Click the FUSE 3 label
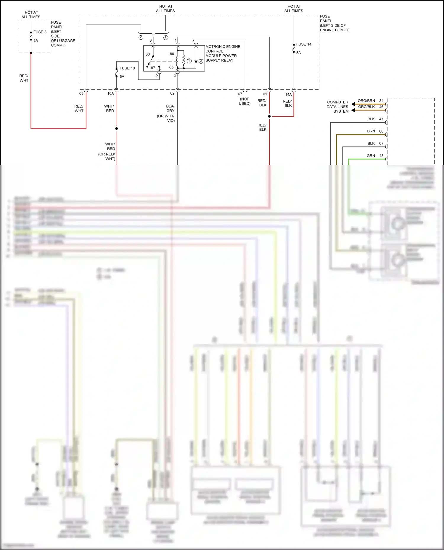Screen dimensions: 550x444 [x=40, y=32]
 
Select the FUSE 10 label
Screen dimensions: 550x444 [x=127, y=68]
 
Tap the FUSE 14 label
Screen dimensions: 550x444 [x=304, y=44]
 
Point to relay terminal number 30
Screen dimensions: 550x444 [x=148, y=54]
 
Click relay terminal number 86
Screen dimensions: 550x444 [x=172, y=54]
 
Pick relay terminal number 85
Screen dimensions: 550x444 [x=171, y=67]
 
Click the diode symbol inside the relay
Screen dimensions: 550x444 [x=196, y=62]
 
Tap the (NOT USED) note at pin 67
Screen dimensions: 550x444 [x=244, y=101]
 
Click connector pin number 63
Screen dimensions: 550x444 [x=81, y=93]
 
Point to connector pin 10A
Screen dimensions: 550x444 [x=110, y=93]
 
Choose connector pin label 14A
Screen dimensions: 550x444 [x=288, y=95]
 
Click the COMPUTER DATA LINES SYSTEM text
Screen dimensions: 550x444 [x=337, y=107]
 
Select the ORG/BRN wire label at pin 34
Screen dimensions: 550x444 [x=366, y=101]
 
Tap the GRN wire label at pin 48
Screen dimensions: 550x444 [x=371, y=156]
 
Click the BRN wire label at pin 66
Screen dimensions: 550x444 [x=371, y=131]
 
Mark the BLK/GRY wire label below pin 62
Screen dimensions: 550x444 [x=170, y=108]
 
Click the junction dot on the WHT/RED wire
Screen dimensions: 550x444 [x=117, y=129]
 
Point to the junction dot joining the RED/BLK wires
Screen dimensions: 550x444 [x=269, y=116]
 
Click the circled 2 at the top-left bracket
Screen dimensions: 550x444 [x=141, y=38]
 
